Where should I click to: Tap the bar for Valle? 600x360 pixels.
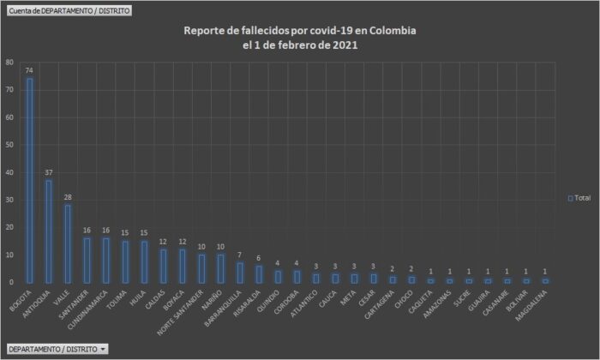68,243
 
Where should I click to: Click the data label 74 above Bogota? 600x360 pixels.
30,70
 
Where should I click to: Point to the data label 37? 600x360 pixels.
49,172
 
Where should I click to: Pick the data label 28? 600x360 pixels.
68,197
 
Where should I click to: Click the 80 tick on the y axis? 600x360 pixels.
9,63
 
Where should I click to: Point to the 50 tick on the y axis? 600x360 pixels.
9,145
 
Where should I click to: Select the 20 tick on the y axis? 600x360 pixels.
9,227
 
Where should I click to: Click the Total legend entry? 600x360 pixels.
579,198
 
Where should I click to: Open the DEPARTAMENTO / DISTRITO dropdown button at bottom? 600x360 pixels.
57,349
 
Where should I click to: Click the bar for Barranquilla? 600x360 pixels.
239,273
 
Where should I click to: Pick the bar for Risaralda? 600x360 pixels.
258,274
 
